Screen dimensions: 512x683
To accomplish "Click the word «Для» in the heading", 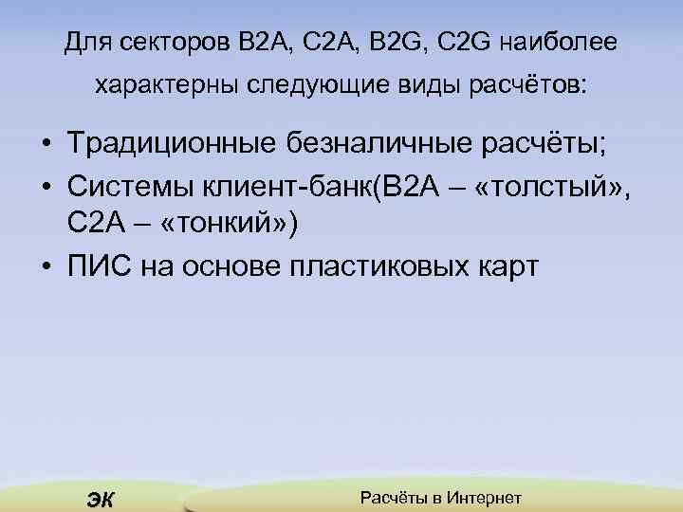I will point(86,43).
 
